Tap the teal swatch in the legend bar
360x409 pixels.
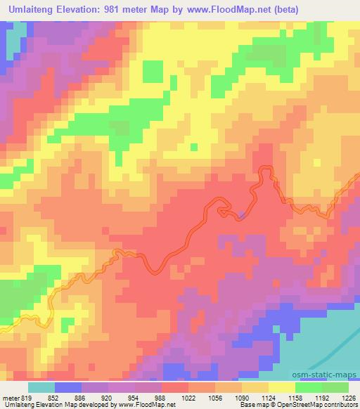[x=42, y=387]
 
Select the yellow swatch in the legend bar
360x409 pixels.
[x=282, y=387]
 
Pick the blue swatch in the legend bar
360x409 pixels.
[x=69, y=387]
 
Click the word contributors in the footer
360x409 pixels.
[x=340, y=405]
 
